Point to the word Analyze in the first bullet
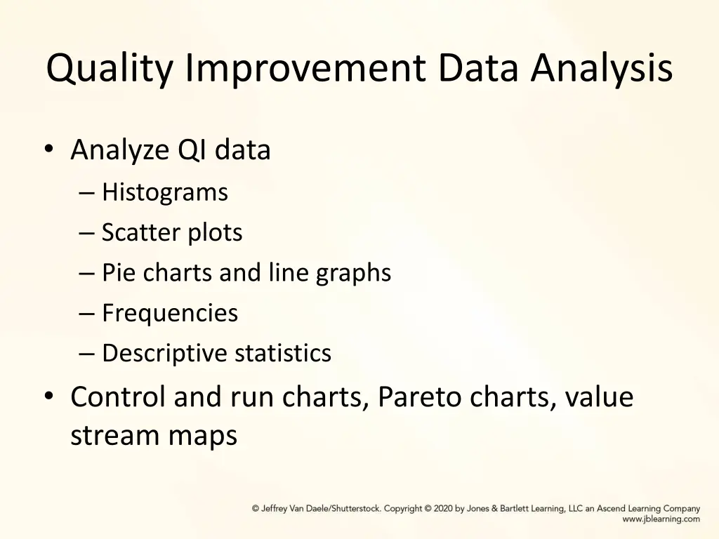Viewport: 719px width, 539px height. point(120,150)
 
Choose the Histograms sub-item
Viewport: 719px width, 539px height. point(165,192)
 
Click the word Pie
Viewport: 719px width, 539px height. point(119,272)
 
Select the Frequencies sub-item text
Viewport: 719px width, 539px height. point(170,313)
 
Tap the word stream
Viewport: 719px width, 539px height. point(115,436)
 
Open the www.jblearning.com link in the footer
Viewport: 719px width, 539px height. point(661,519)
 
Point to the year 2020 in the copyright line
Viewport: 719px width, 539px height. point(443,509)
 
